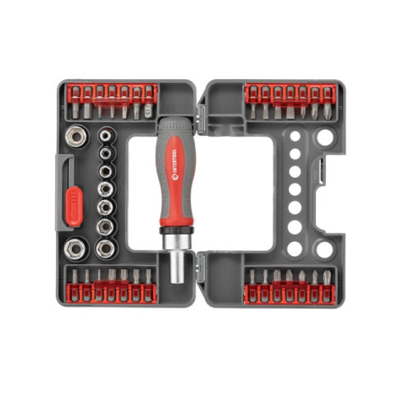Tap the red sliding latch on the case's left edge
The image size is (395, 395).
(x=74, y=206)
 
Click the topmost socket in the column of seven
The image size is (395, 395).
(x=105, y=132)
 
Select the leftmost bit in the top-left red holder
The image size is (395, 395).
(x=73, y=98)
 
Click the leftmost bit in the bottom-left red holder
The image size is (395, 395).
(x=73, y=283)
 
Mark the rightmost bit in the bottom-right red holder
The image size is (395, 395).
(x=327, y=284)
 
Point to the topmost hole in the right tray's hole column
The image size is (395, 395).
(x=294, y=134)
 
